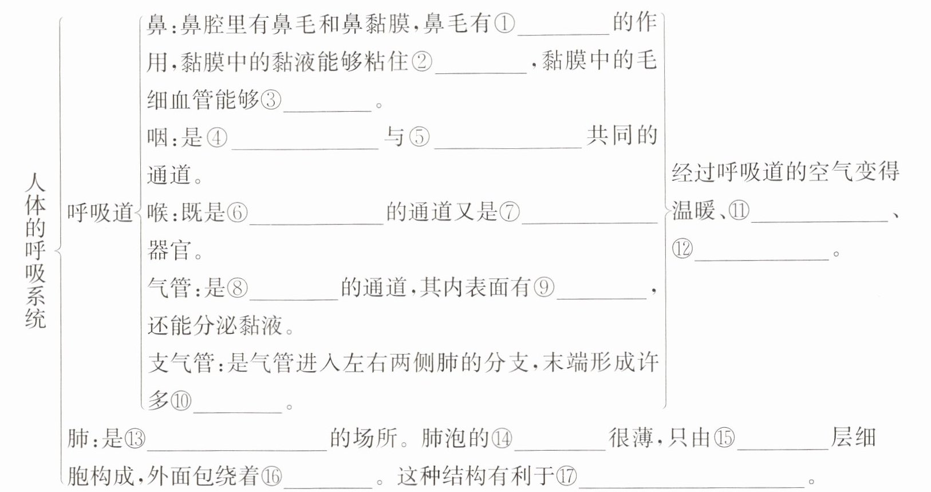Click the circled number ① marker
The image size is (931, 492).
pyautogui.click(x=504, y=24)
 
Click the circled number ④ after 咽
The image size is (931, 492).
pyautogui.click(x=217, y=138)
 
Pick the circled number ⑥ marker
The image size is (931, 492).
pyautogui.click(x=237, y=213)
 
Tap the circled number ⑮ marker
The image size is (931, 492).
pyautogui.click(x=724, y=439)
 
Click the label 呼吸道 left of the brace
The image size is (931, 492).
pyautogui.click(x=100, y=213)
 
